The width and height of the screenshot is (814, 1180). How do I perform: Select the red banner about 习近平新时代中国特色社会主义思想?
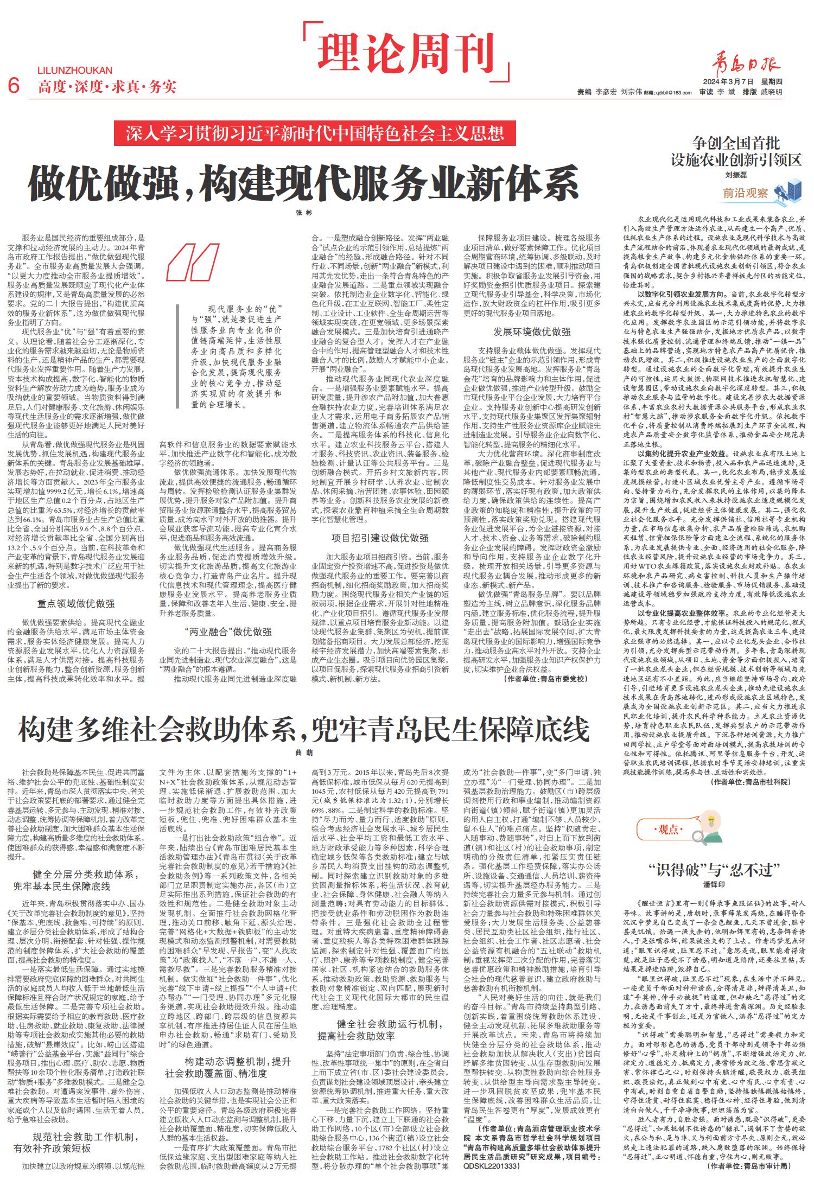click(x=314, y=133)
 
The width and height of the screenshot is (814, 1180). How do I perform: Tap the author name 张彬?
click(x=304, y=213)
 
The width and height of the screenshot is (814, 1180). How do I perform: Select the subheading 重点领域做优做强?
click(x=75, y=603)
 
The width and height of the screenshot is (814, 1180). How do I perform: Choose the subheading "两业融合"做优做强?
click(x=228, y=632)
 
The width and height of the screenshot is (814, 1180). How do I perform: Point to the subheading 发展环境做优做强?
click(x=532, y=331)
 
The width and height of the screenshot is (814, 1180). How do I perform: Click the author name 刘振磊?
click(x=736, y=175)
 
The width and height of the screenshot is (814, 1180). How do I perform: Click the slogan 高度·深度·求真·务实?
click(x=107, y=86)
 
